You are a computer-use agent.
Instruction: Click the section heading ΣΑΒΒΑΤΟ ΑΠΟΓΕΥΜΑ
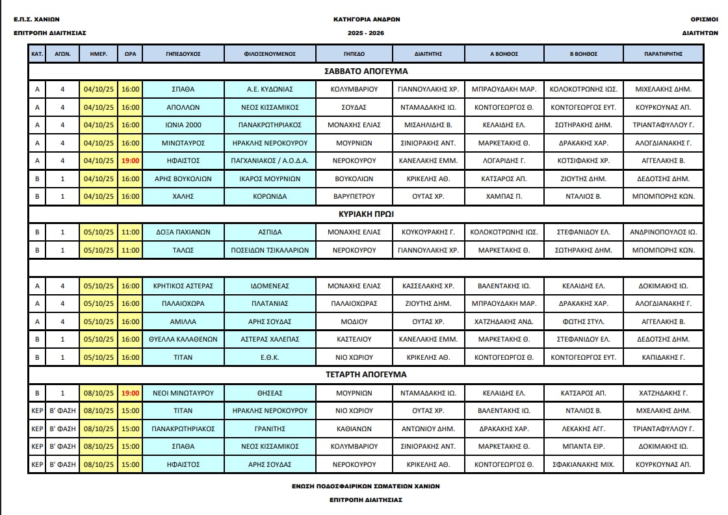pos(365,71)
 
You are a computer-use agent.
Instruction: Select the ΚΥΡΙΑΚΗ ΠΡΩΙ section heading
pos(365,213)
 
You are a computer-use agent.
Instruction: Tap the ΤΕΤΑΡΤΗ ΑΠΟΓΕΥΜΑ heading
pos(365,375)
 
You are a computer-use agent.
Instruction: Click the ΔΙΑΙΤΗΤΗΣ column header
pos(428,54)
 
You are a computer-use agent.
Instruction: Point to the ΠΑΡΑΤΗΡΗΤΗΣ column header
pos(663,54)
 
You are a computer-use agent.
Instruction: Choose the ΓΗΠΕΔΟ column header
pos(354,54)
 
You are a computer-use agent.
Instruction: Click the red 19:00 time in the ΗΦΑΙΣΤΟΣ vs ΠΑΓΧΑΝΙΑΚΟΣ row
pos(130,160)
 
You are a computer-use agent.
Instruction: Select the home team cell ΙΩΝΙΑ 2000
pos(183,125)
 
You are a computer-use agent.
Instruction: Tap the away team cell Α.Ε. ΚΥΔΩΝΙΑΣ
pos(270,89)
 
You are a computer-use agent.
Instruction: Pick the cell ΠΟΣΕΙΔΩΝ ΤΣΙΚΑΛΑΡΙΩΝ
pos(270,250)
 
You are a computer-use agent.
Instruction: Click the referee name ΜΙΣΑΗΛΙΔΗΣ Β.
pos(428,125)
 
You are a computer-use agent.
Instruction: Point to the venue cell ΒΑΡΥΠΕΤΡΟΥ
pos(354,196)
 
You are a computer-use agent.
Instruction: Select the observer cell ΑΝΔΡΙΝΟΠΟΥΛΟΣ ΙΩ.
pos(663,232)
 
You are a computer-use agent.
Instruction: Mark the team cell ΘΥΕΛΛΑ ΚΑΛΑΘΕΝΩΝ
pos(183,339)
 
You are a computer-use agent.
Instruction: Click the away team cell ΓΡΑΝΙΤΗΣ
pos(270,429)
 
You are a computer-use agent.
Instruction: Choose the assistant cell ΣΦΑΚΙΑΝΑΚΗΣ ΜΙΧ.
pos(583,464)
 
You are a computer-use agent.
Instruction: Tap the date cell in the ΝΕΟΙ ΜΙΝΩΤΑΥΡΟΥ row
pos(99,393)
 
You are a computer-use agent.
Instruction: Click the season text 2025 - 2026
pos(366,32)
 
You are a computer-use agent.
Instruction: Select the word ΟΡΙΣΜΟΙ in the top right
pos(704,19)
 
